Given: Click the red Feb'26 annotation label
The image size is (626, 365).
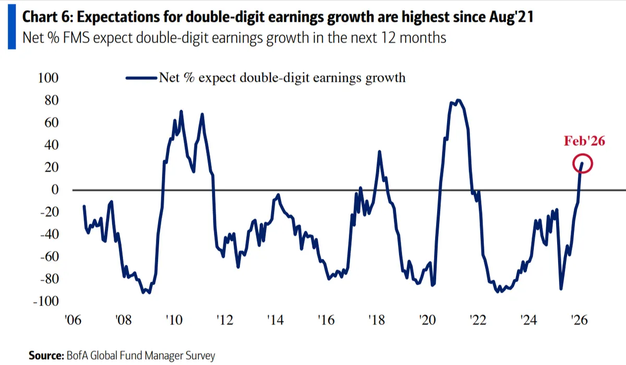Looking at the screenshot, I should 584,141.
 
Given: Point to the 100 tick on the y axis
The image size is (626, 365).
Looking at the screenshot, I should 48,78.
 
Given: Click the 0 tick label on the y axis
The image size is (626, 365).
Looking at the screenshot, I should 55,190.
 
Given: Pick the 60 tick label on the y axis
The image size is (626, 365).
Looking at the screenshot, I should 51,123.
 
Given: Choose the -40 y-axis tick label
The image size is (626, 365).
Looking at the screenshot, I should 49,235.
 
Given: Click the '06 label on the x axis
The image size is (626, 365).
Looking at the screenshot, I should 73,320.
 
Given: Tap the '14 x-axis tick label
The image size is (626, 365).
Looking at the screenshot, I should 275,320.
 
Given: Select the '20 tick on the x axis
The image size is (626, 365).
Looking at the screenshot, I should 427,320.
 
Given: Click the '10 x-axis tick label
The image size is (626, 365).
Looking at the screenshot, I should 174,320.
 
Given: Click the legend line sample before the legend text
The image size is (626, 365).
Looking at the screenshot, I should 141,78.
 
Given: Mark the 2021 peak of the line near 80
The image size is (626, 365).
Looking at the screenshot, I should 458,100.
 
